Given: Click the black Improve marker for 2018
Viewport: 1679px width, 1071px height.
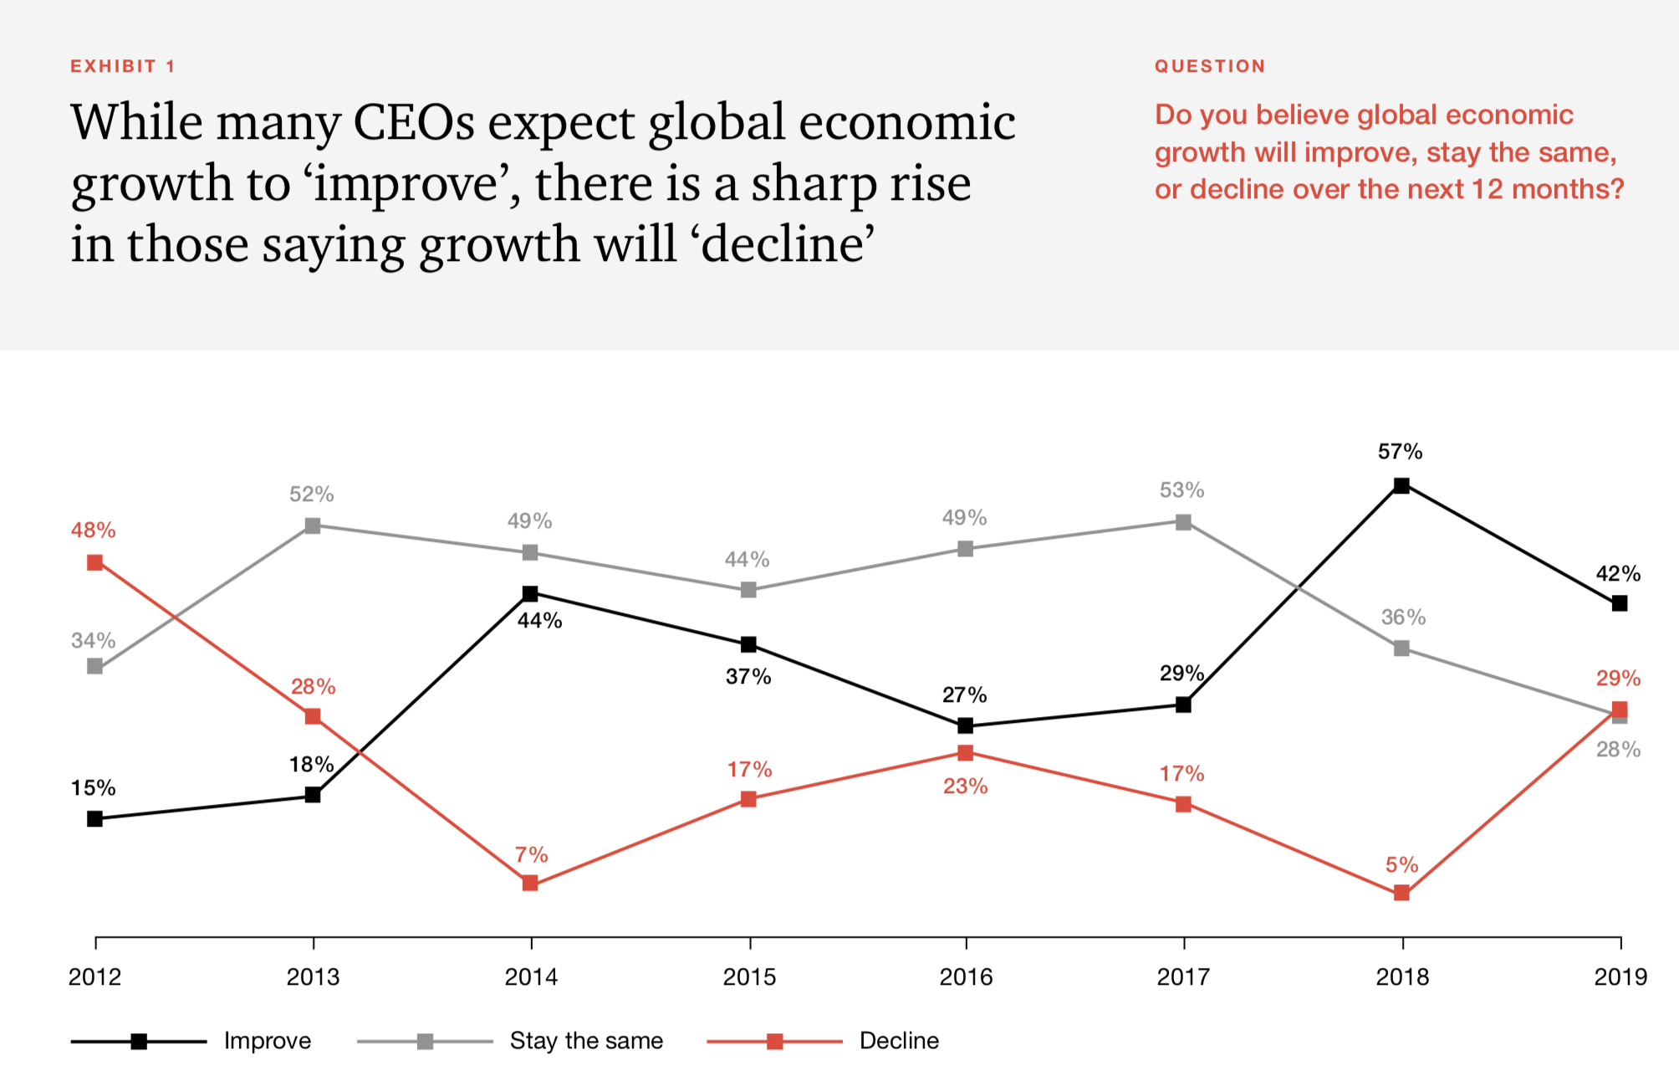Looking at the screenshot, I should pos(1402,485).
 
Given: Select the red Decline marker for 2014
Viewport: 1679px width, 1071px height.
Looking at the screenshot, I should pos(530,884).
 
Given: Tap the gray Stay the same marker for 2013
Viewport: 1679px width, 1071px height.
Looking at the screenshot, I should pos(313,525).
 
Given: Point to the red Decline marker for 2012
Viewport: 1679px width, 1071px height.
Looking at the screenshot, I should pos(95,562).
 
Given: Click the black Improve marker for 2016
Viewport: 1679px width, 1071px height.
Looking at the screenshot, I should pos(966,725).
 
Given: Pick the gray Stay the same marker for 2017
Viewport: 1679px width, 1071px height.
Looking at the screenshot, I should pos(1183,522).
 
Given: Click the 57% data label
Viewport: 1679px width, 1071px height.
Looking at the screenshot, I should pos(1400,452).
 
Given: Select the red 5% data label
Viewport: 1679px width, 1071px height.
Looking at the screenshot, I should pos(1401,864).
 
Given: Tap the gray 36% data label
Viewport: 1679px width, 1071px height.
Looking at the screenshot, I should pos(1403,617).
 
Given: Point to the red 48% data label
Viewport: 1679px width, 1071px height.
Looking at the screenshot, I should pos(93,530).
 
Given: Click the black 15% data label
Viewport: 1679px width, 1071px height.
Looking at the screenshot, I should pos(93,787).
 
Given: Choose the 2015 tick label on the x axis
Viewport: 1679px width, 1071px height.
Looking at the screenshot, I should pos(749,976).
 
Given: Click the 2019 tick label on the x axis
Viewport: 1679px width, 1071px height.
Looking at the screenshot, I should pos(1620,976).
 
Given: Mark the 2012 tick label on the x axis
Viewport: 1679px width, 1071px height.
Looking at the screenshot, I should pos(94,976).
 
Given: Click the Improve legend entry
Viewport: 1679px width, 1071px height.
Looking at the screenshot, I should pos(267,1041).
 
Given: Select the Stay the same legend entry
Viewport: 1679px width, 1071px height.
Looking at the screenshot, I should pos(585,1041).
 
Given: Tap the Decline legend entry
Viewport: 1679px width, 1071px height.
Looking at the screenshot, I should pos(899,1041).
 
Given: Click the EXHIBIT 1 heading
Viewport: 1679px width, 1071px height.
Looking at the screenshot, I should pos(123,66).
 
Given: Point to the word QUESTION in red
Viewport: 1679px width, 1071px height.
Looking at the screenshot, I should pos(1210,66).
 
